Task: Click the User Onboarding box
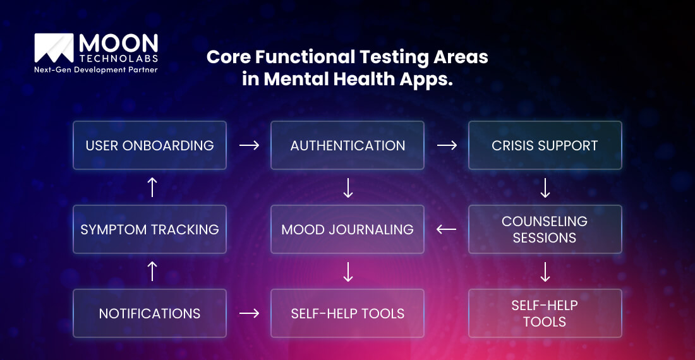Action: (150, 145)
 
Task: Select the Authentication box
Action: (347, 145)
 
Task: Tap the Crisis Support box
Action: (545, 145)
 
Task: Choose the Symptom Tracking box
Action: (150, 229)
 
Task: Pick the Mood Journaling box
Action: (347, 229)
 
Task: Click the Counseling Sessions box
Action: (545, 229)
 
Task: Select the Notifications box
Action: (150, 313)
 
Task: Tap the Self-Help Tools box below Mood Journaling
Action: (347, 313)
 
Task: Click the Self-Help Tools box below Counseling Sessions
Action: (545, 313)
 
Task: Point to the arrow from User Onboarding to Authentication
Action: (249, 145)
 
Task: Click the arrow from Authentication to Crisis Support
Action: (447, 145)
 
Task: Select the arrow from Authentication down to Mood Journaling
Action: (347, 188)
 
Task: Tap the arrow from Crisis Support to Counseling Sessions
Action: (545, 188)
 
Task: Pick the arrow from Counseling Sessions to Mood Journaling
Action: (446, 229)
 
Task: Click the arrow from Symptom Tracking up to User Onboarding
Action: (152, 188)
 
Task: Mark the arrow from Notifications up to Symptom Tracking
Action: (152, 272)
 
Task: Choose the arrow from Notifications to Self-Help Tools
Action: (249, 313)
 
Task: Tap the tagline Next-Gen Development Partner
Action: (96, 69)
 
